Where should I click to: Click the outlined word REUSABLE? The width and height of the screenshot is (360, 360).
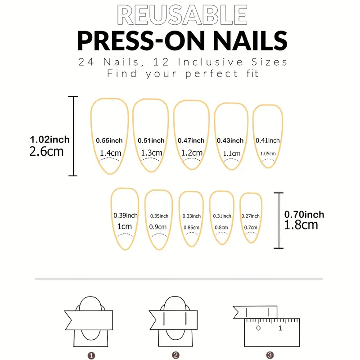pos(182,15)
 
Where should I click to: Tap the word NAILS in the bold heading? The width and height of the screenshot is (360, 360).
pos(250,41)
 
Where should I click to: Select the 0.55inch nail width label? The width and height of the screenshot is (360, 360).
pos(109,140)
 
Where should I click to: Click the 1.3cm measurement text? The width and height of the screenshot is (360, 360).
pos(152,153)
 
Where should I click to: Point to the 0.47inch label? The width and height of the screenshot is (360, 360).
pos(191,140)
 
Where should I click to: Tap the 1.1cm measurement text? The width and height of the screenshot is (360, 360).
pos(232,153)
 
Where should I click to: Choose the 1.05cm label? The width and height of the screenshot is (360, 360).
pos(268,153)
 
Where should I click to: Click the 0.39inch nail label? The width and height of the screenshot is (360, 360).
pos(126,216)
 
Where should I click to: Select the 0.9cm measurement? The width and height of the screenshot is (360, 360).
pos(158,227)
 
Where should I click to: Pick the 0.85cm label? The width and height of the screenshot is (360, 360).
pos(192,228)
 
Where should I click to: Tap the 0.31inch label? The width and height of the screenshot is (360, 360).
pos(222,216)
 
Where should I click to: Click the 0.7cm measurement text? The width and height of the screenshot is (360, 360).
pos(251,228)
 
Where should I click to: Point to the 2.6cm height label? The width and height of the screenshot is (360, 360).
pos(46,152)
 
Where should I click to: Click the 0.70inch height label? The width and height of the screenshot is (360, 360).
pos(304,215)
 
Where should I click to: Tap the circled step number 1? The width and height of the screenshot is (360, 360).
pos(91,355)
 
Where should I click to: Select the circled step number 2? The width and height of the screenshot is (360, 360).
pos(175,355)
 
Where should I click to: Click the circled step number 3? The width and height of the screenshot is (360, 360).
pos(270,355)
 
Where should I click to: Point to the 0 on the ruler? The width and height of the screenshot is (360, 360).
pos(258,328)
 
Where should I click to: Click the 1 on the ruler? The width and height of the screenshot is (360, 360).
pos(280,328)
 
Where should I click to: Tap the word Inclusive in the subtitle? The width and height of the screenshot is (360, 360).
pos(210,62)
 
